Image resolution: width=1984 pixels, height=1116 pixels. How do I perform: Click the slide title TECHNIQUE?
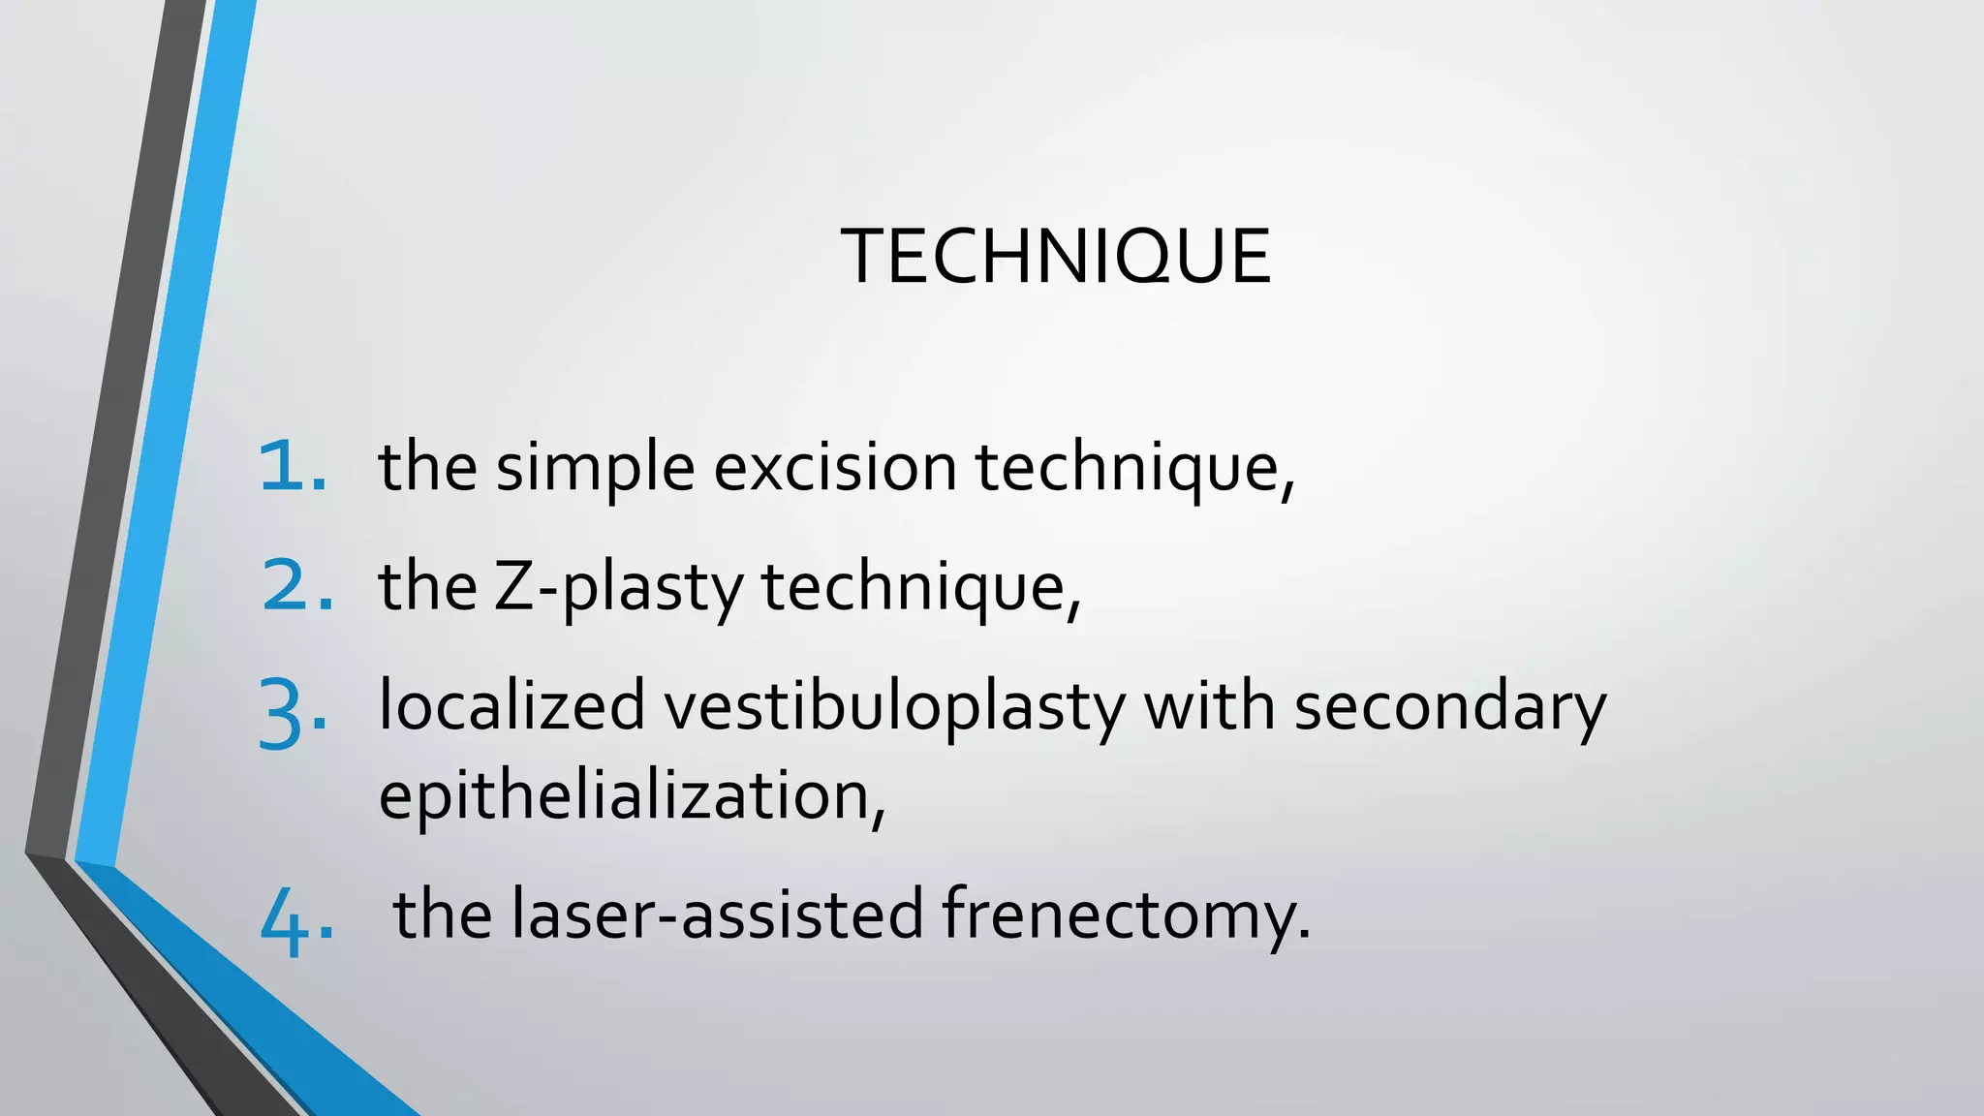click(x=1056, y=256)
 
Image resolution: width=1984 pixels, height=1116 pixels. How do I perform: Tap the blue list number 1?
click(x=292, y=467)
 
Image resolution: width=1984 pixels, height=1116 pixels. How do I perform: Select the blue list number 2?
click(x=295, y=586)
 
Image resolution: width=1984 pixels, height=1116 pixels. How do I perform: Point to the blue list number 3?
click(x=292, y=715)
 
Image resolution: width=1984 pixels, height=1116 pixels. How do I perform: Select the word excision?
click(x=835, y=467)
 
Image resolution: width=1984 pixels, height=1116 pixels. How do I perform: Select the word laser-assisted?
click(x=717, y=914)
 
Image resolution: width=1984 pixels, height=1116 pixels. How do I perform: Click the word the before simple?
click(x=427, y=467)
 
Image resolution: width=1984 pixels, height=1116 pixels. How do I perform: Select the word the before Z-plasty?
click(x=427, y=587)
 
